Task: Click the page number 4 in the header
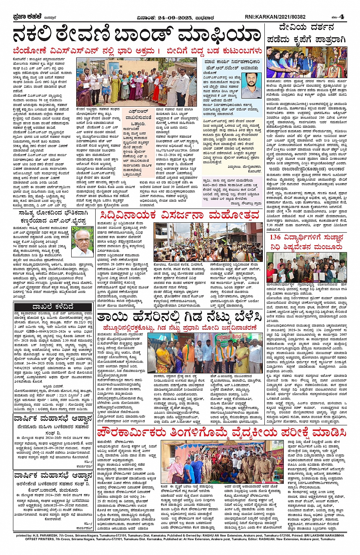click(342, 17)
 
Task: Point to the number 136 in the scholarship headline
click(275, 237)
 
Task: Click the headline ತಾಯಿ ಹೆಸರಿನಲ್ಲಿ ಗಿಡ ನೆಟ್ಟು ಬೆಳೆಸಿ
click(179, 317)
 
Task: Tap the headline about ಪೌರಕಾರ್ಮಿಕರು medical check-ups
click(221, 433)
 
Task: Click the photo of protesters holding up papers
click(138, 81)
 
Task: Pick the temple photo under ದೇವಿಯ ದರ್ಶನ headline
click(307, 62)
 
